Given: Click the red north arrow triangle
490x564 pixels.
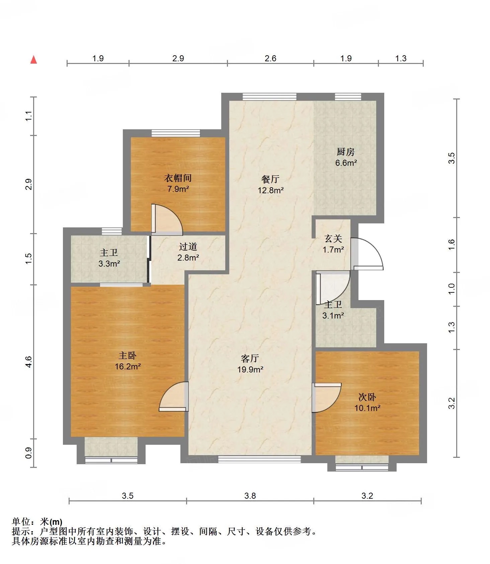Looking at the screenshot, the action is click(33, 60).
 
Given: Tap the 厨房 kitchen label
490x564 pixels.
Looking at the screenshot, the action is click(345, 152).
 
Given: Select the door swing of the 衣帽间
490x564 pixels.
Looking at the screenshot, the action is click(167, 218).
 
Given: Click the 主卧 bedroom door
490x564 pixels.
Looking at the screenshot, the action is click(174, 397).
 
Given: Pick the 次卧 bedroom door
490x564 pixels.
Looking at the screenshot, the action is click(327, 398).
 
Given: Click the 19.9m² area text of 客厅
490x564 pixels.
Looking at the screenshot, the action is click(250, 370).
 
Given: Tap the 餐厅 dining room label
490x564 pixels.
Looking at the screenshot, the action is click(270, 179).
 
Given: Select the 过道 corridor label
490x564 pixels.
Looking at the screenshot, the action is click(188, 247).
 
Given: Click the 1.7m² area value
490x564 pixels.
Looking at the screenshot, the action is click(333, 250).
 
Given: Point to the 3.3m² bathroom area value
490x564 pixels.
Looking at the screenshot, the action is click(109, 264).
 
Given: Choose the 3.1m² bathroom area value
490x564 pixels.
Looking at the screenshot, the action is click(333, 315).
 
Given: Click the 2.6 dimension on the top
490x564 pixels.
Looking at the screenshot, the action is click(270, 58).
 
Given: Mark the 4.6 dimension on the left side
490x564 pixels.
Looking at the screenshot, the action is click(28, 362).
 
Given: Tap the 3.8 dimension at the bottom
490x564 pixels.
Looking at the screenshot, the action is click(250, 496).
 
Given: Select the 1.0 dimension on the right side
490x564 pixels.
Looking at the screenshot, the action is click(452, 289).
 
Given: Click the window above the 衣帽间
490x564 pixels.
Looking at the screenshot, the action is click(176, 133).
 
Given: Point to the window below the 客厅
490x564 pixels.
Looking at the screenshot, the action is click(259, 460).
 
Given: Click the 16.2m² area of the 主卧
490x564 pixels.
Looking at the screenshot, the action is click(128, 366).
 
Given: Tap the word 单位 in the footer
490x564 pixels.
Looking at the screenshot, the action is click(21, 522).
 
